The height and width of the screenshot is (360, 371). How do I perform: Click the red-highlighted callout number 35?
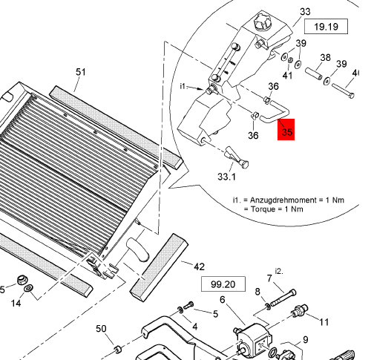(x=287, y=131)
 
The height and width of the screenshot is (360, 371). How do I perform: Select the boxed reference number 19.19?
(x=326, y=27)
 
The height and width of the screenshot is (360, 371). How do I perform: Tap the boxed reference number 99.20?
(x=223, y=284)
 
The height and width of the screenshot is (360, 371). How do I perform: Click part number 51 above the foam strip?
(x=81, y=72)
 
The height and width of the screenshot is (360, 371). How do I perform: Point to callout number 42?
(x=200, y=266)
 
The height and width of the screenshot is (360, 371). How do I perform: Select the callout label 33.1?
(x=226, y=177)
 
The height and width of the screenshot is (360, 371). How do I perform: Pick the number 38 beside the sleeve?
(x=325, y=58)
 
